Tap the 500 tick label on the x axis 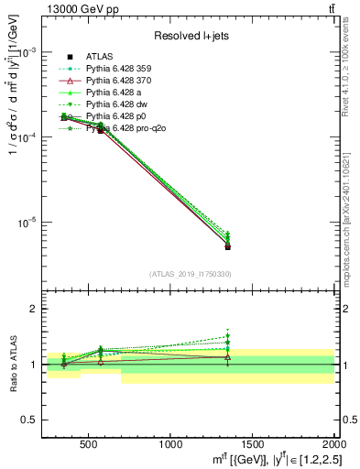click(x=89, y=445)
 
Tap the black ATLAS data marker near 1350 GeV click(x=227, y=246)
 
